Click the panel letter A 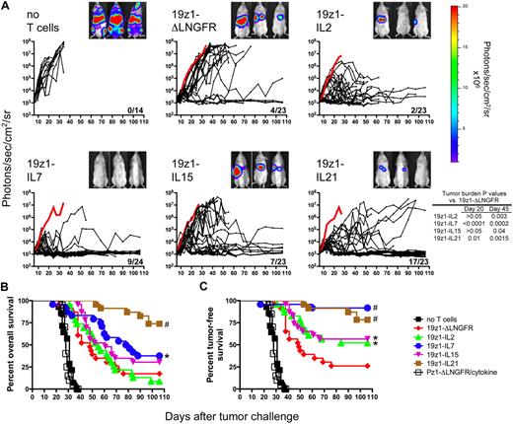(6, 7)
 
